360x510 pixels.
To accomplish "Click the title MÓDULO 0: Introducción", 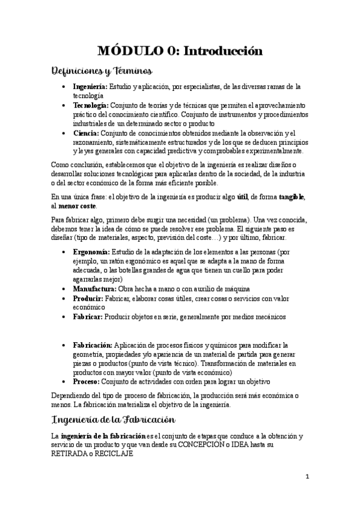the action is tap(180, 52).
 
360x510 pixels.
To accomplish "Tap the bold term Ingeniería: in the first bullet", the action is tap(90, 87).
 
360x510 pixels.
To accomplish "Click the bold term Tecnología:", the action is tap(91, 105).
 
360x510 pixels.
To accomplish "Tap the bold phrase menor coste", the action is tap(76, 206).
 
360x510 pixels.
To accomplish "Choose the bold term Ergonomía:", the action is tap(91, 252).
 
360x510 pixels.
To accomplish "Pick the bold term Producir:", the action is tap(88, 298).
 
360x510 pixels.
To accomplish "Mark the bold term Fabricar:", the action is tap(88, 316).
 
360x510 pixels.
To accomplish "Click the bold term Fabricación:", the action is tap(93, 345).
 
